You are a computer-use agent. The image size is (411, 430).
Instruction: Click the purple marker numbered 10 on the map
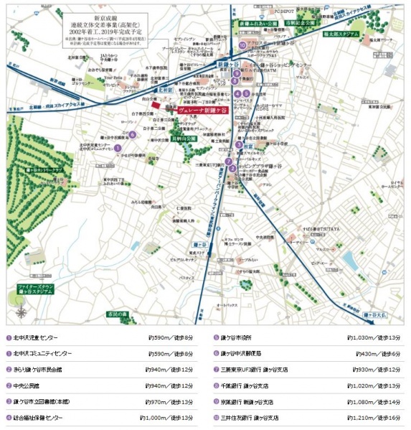tap(243, 45)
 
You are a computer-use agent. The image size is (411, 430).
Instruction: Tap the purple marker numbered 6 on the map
tap(132, 134)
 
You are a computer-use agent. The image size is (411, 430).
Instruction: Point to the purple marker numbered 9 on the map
tap(235, 73)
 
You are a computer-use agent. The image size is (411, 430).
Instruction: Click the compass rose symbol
tap(22, 312)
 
